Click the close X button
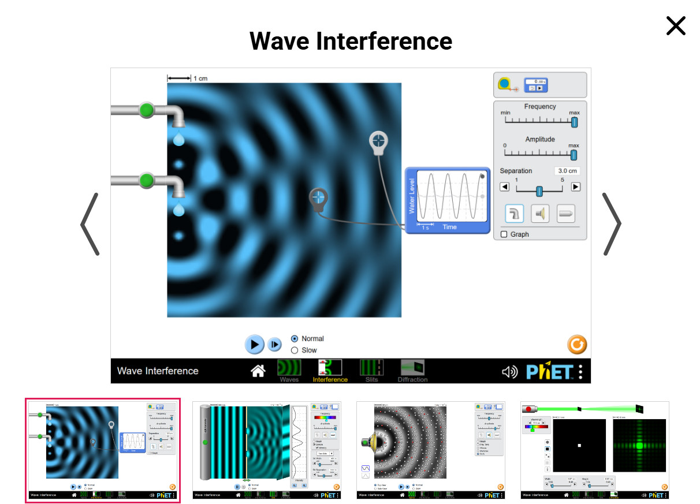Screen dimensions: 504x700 click(x=676, y=26)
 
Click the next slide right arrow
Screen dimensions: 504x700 click(x=612, y=224)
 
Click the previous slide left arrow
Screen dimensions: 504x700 click(x=90, y=224)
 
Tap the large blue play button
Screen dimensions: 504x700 click(x=254, y=344)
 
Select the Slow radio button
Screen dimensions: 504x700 click(x=295, y=350)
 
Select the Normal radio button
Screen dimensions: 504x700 click(x=295, y=339)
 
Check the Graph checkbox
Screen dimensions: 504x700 click(x=504, y=234)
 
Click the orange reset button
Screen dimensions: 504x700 click(x=576, y=345)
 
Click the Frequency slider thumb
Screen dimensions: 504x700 click(x=574, y=122)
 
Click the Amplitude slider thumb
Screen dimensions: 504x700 click(x=574, y=155)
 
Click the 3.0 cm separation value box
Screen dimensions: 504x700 click(x=567, y=171)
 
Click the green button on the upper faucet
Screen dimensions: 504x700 click(x=147, y=110)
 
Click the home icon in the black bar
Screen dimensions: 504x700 click(x=258, y=371)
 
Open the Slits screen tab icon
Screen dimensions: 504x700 click(x=371, y=368)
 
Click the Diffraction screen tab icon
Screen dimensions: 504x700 click(x=412, y=368)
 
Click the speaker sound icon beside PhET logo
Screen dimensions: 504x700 click(x=509, y=372)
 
